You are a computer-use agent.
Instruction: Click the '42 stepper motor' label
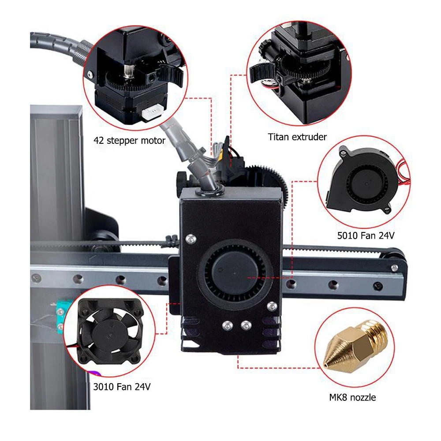click(x=129, y=141)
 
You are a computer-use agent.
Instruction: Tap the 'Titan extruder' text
click(x=297, y=137)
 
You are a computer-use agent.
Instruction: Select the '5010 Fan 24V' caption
click(x=366, y=236)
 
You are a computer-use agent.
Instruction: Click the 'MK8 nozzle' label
click(x=352, y=397)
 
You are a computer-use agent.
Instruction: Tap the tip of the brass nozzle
click(x=326, y=365)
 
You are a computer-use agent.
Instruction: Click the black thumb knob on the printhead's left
click(x=181, y=179)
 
